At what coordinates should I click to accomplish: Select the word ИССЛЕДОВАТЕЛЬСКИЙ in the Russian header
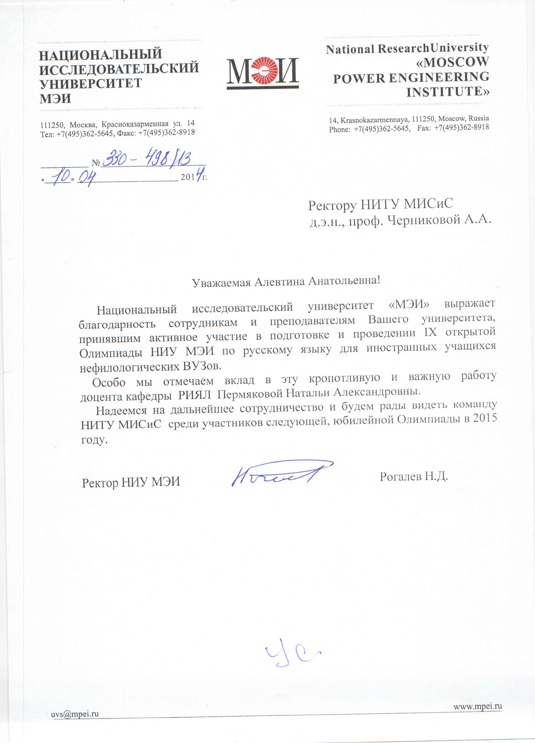119,68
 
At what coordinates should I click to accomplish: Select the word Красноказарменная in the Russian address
135,124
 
